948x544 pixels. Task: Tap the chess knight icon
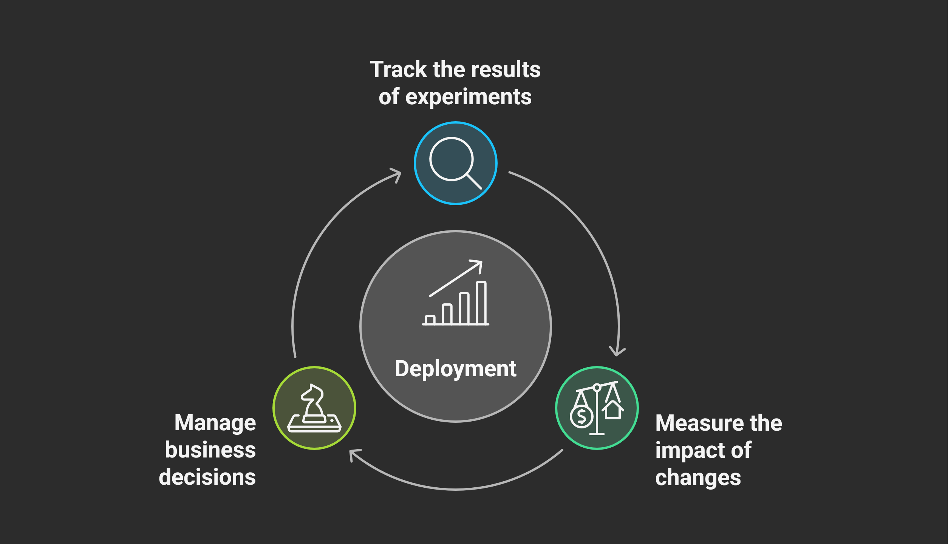[x=314, y=408]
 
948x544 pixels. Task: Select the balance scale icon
[x=597, y=408]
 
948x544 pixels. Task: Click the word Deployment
[x=455, y=369]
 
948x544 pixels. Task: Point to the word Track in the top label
[x=398, y=70]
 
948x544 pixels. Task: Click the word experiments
[x=469, y=97]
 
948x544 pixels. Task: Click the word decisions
[x=207, y=477]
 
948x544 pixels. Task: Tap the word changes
[x=698, y=478]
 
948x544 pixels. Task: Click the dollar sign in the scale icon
[x=582, y=417]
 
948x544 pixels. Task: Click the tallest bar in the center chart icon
[x=481, y=303]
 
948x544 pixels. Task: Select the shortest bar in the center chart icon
[x=430, y=320]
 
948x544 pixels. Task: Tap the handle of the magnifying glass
[x=474, y=181]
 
